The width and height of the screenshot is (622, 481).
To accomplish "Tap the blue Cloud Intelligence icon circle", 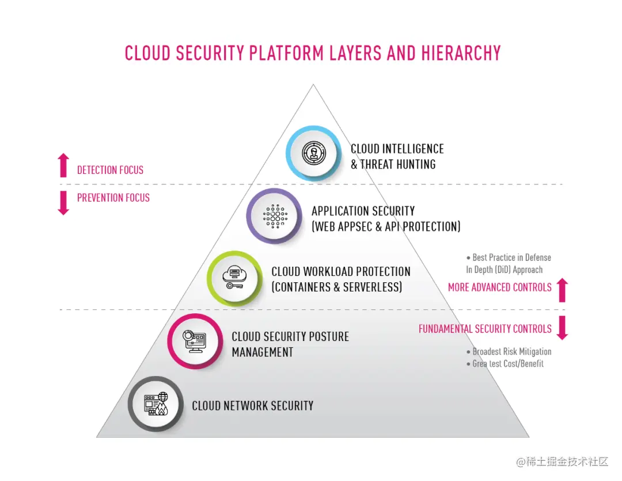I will pyautogui.click(x=314, y=154).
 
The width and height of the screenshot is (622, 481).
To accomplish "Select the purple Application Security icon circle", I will pyautogui.click(x=275, y=216).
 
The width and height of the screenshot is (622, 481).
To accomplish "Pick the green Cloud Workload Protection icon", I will pyautogui.click(x=234, y=278).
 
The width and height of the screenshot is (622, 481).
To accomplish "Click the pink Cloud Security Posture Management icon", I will pyautogui.click(x=195, y=342).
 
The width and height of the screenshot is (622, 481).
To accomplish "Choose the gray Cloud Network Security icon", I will pyautogui.click(x=155, y=404).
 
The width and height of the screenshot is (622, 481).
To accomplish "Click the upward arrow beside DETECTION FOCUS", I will pyautogui.click(x=63, y=165).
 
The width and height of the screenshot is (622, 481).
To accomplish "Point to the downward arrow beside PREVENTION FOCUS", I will pyautogui.click(x=63, y=203).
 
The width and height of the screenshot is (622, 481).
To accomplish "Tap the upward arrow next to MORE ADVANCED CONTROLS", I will pyautogui.click(x=563, y=290).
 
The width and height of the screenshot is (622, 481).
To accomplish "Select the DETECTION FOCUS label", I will pyautogui.click(x=110, y=170).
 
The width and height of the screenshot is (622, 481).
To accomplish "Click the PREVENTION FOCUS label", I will pyautogui.click(x=113, y=198).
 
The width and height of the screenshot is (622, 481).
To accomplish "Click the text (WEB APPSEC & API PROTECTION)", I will pyautogui.click(x=386, y=226).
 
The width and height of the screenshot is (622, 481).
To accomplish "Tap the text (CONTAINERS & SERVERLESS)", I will pyautogui.click(x=337, y=287).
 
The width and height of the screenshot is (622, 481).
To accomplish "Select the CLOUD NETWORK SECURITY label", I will pyautogui.click(x=252, y=406).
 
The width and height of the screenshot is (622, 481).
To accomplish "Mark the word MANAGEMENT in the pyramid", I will pyautogui.click(x=262, y=352).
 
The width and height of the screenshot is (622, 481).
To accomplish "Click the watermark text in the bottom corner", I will pyautogui.click(x=562, y=461).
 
